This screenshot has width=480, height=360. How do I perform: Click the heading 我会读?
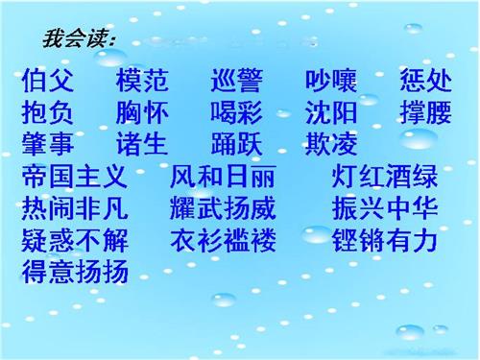tap(79, 39)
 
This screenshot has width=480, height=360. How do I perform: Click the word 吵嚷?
tap(331, 81)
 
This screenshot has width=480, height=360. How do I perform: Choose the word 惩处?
tap(424, 81)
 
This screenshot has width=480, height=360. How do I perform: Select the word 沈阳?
tap(331, 113)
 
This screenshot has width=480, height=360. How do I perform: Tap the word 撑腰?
tap(424, 113)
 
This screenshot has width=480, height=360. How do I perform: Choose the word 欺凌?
tap(331, 146)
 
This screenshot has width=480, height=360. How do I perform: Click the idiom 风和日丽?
tap(223, 178)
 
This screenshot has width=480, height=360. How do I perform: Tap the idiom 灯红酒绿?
tap(384, 178)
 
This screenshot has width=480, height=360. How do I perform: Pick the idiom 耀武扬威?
tap(223, 209)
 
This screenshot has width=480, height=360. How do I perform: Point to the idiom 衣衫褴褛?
tap(223, 241)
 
